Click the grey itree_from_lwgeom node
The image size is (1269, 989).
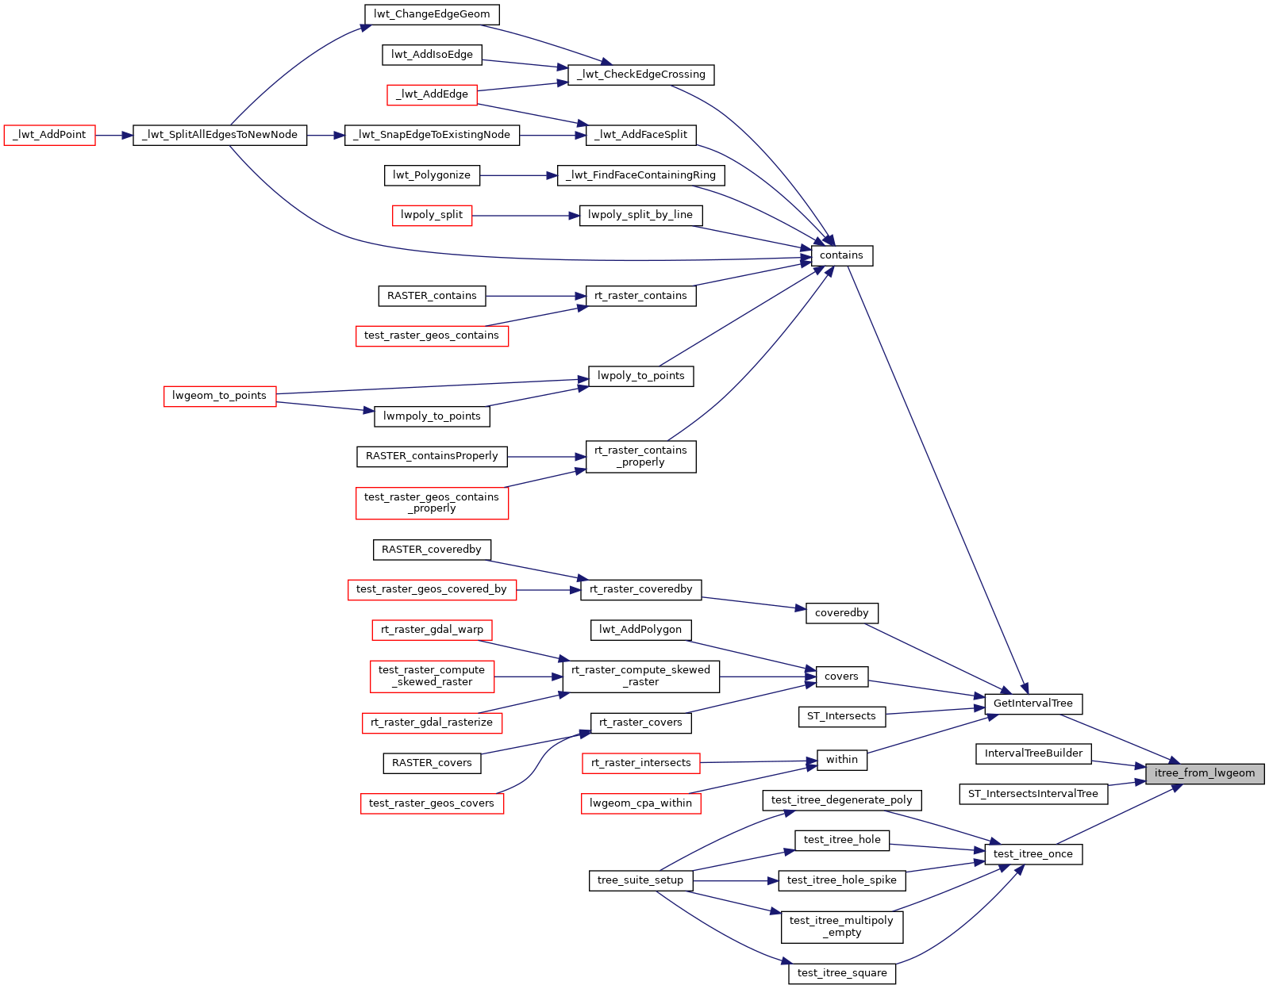(x=1205, y=773)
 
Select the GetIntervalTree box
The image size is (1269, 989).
(x=1033, y=703)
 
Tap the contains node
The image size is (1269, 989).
(x=841, y=255)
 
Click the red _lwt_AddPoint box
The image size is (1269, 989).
(x=49, y=135)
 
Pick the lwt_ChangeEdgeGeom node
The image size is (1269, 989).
(x=432, y=14)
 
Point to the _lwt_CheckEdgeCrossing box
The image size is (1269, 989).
(x=641, y=75)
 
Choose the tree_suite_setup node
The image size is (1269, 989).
(x=640, y=880)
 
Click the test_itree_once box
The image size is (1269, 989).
(x=1033, y=854)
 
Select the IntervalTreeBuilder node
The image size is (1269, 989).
(x=1033, y=753)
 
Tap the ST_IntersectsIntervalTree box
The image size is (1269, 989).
(x=1033, y=794)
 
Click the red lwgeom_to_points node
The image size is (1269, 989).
(x=219, y=396)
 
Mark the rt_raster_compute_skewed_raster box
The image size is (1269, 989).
(x=640, y=676)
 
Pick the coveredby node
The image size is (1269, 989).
(x=841, y=613)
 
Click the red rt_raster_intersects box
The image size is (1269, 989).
(x=640, y=763)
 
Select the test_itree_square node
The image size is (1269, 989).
(x=841, y=973)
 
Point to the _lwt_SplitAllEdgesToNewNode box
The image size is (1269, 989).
(x=220, y=135)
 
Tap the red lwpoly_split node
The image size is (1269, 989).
(x=432, y=215)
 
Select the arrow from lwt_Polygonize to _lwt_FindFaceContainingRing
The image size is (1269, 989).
(x=519, y=175)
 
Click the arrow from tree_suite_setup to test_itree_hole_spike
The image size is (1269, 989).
(x=735, y=880)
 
